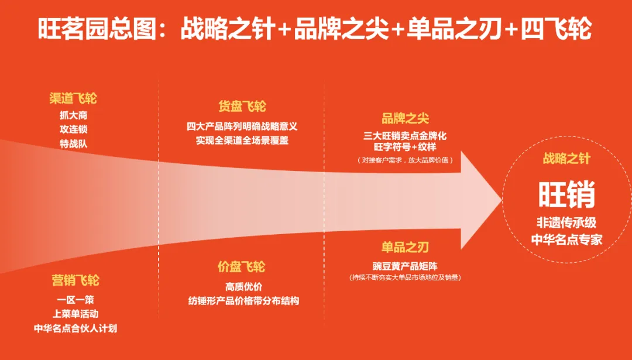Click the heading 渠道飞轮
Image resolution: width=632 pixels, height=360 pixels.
(x=73, y=98)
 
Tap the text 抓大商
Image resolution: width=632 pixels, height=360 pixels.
(x=73, y=115)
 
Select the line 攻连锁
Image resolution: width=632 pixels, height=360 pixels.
(x=73, y=129)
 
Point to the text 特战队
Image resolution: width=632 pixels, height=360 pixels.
(x=73, y=143)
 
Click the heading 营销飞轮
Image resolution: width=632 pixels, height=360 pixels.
(x=75, y=281)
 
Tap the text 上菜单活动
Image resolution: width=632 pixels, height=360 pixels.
(x=75, y=314)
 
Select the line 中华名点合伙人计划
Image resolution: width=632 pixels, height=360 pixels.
(x=75, y=328)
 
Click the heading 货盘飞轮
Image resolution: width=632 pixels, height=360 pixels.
(x=242, y=107)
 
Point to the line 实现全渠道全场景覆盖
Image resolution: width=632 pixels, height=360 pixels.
(x=242, y=140)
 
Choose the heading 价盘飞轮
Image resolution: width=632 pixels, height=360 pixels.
(x=242, y=267)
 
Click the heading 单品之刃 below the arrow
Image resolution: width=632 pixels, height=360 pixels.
(x=405, y=248)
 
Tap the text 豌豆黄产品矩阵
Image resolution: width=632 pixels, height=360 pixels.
(x=405, y=265)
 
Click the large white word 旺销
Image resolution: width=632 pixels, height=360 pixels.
(x=566, y=194)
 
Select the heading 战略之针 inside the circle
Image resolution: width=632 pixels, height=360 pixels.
(x=566, y=159)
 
